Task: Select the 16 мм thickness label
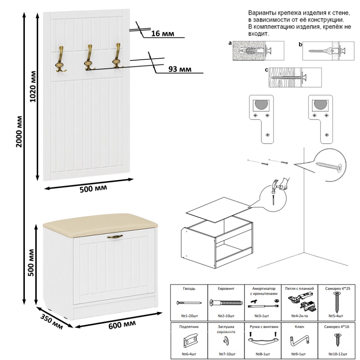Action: pos(163,34)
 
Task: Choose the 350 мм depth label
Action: pos(50,319)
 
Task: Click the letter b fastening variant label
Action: pos(300,44)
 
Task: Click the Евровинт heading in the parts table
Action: pos(225,288)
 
